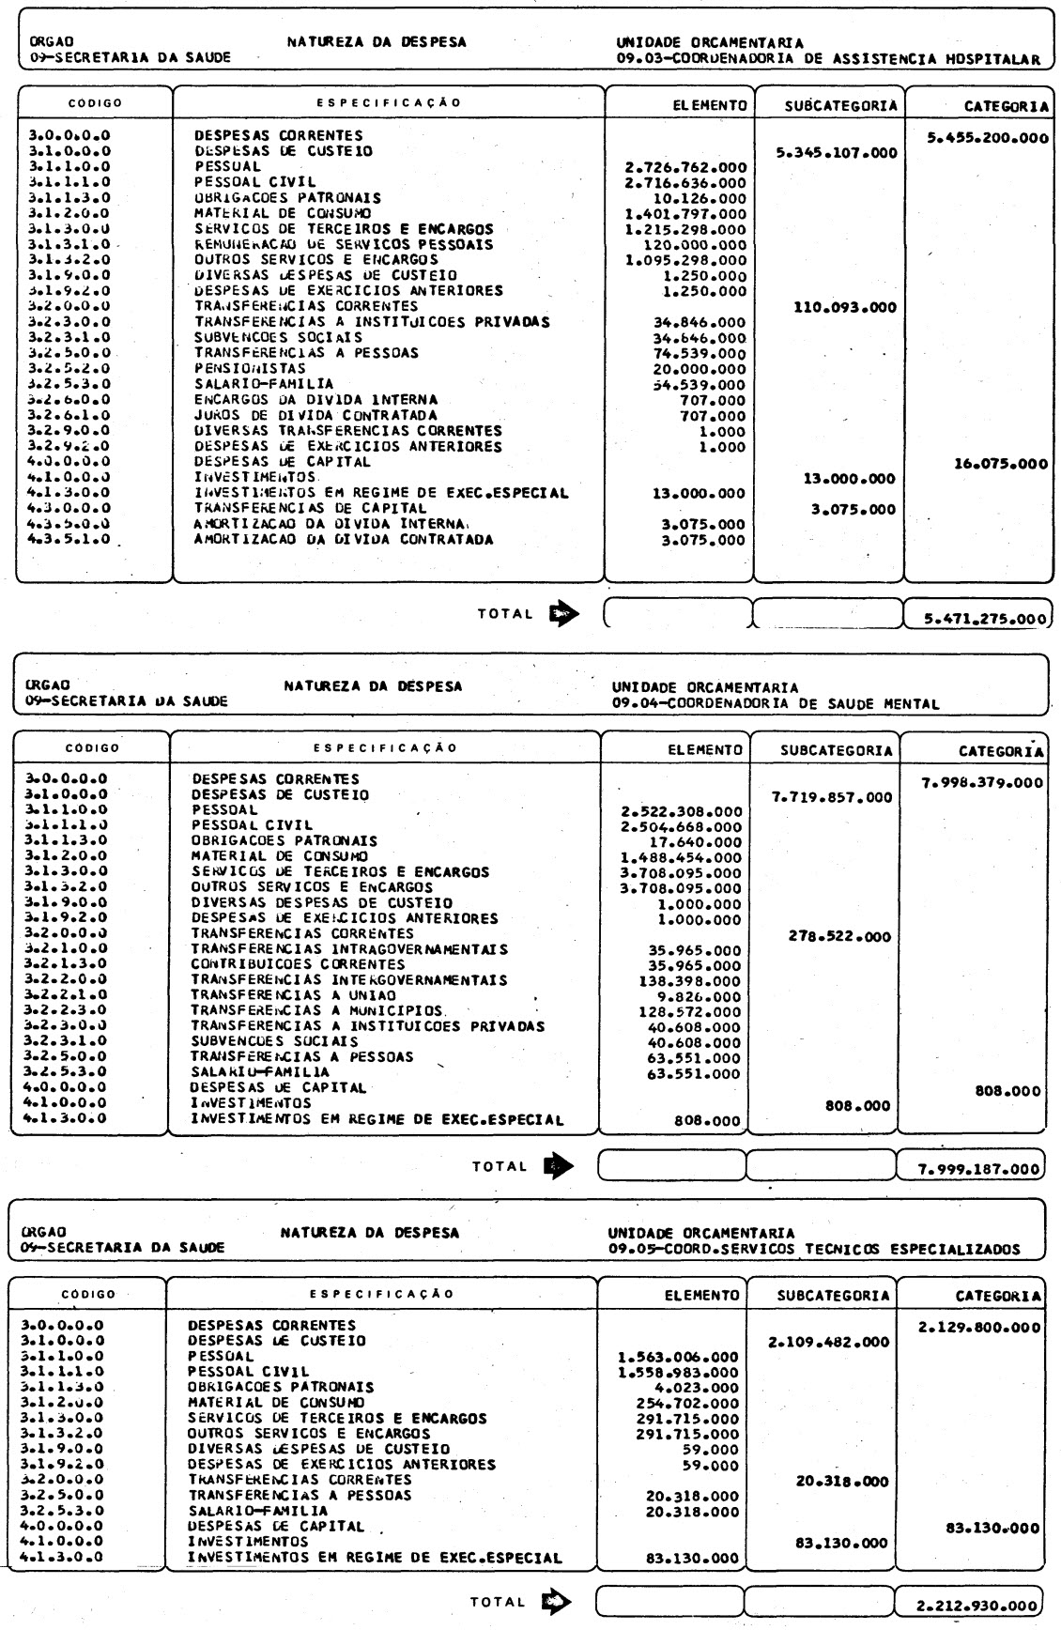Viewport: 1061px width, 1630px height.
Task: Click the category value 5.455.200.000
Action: click(988, 138)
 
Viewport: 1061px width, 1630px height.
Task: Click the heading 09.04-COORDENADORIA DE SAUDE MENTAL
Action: click(776, 703)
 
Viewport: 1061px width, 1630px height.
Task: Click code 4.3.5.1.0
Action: click(70, 540)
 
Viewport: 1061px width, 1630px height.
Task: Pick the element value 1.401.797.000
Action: click(685, 214)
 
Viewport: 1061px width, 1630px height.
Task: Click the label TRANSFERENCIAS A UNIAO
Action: click(294, 995)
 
